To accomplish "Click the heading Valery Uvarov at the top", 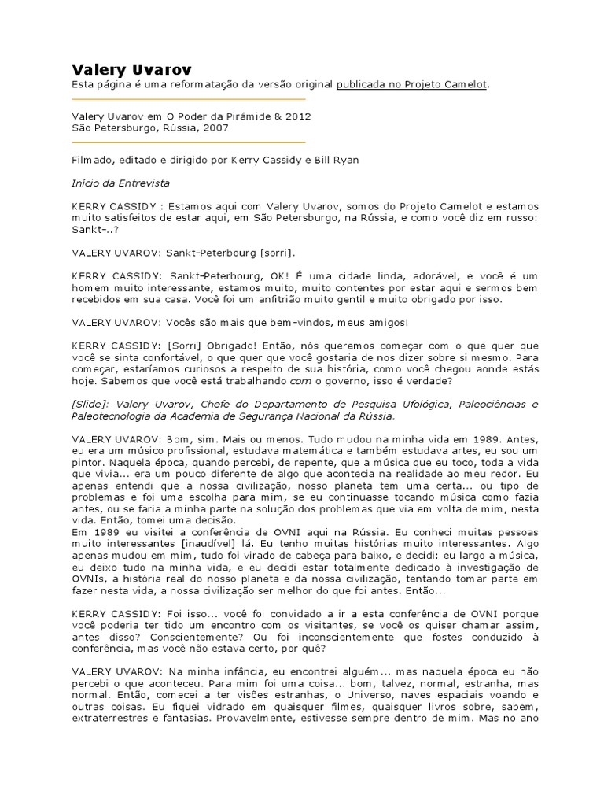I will [x=131, y=69].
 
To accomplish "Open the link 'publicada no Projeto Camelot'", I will [x=412, y=84].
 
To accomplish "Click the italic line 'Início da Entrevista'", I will [x=120, y=183].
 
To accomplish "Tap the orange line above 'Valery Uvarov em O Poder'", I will [x=188, y=100].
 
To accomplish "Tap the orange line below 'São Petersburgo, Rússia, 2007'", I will [x=188, y=142].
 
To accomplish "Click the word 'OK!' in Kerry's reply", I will [x=283, y=276].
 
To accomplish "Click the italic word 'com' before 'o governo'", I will [x=301, y=380].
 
